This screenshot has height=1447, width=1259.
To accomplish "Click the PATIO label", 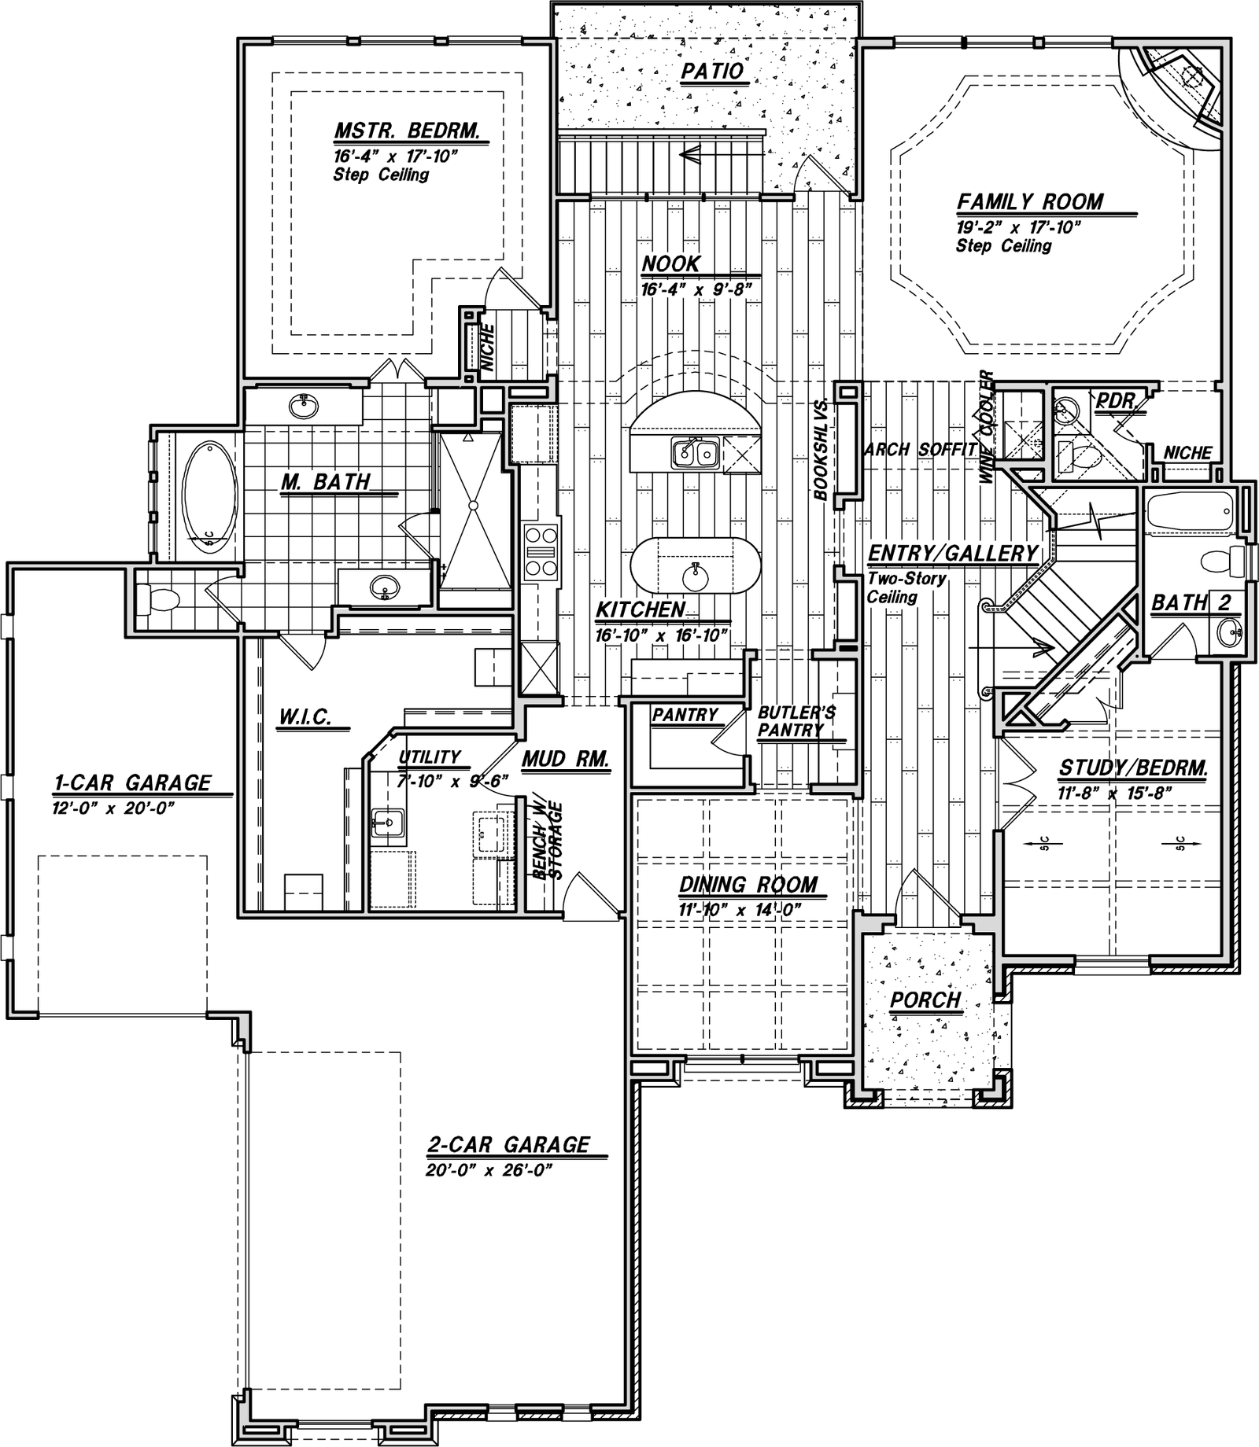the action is (x=712, y=72).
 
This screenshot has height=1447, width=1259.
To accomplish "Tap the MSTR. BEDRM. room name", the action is (x=407, y=130).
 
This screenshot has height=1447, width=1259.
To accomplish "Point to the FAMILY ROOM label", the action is (x=1030, y=202).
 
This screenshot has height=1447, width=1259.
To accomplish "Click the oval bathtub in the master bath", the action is (x=209, y=498).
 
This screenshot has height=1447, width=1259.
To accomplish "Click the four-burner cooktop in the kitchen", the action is (x=541, y=553).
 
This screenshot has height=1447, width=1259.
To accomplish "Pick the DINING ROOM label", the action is (x=748, y=885).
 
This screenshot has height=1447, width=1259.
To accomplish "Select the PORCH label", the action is (x=925, y=1000).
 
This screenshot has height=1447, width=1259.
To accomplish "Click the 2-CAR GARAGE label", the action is (x=508, y=1144).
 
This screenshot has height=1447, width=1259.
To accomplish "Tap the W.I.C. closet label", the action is (x=305, y=717).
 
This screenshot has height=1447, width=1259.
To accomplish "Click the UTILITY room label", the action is (x=430, y=757).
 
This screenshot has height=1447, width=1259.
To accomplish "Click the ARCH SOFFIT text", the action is (x=921, y=450).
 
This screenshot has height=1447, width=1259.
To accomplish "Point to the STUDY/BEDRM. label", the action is (x=1133, y=768).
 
